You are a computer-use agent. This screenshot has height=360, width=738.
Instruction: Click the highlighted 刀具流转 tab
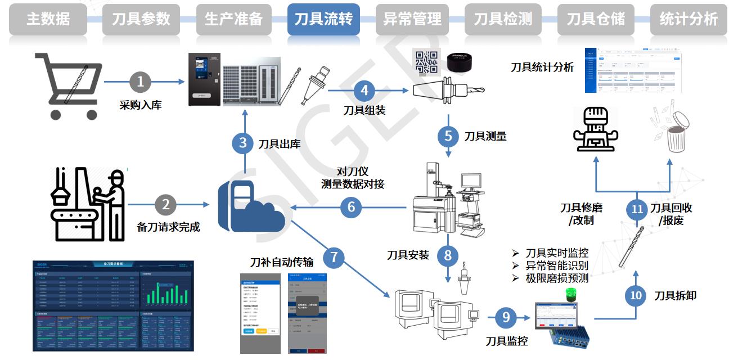click(x=323, y=20)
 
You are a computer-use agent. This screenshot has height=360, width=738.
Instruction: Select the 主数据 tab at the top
click(x=48, y=20)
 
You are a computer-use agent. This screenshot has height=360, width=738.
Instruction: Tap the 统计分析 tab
click(x=688, y=20)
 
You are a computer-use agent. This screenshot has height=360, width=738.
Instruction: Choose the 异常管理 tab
click(x=412, y=20)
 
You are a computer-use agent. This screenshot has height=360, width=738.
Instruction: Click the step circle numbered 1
click(x=140, y=82)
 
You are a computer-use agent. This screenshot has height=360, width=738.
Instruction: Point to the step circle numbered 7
click(x=334, y=258)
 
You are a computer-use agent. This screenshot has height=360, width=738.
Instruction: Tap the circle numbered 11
click(x=637, y=209)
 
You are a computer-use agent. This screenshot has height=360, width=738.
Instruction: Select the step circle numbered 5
click(x=448, y=136)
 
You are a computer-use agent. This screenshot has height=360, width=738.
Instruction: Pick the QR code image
click(x=426, y=62)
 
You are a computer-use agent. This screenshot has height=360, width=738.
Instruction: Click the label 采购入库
click(x=140, y=105)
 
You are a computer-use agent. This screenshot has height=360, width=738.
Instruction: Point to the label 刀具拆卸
click(x=675, y=295)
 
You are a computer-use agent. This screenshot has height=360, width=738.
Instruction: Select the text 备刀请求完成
click(x=168, y=227)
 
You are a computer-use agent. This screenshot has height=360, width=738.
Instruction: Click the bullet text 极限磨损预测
click(x=556, y=278)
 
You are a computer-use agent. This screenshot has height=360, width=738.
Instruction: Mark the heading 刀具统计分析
click(x=542, y=67)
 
